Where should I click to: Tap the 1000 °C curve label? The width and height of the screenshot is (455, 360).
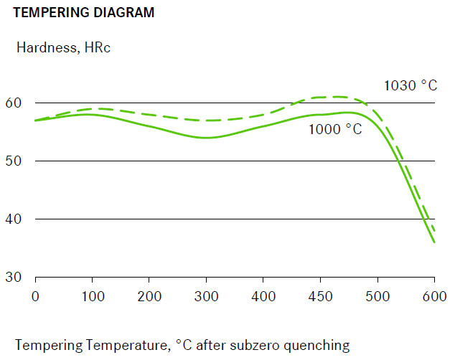coord(335,130)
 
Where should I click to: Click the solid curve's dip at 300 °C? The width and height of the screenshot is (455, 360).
coord(207,137)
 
